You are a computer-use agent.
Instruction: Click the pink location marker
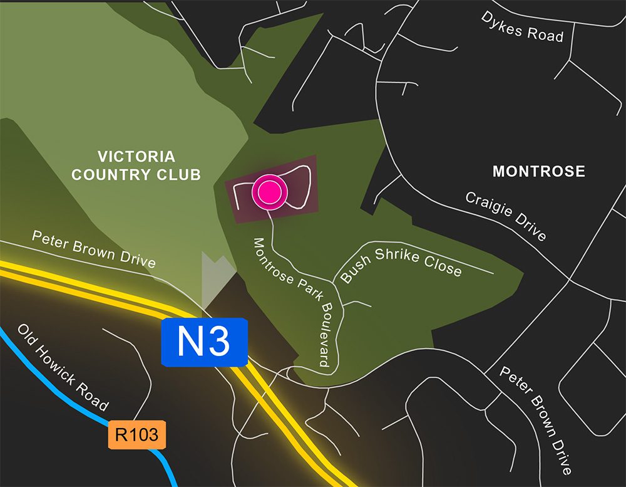270,192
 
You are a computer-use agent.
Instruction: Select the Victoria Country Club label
136,165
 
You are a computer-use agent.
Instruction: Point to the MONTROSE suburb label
538,171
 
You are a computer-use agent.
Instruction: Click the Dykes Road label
522,26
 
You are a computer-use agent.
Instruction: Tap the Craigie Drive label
506,216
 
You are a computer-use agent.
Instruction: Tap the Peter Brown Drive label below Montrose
536,420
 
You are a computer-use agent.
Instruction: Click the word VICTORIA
136,157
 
